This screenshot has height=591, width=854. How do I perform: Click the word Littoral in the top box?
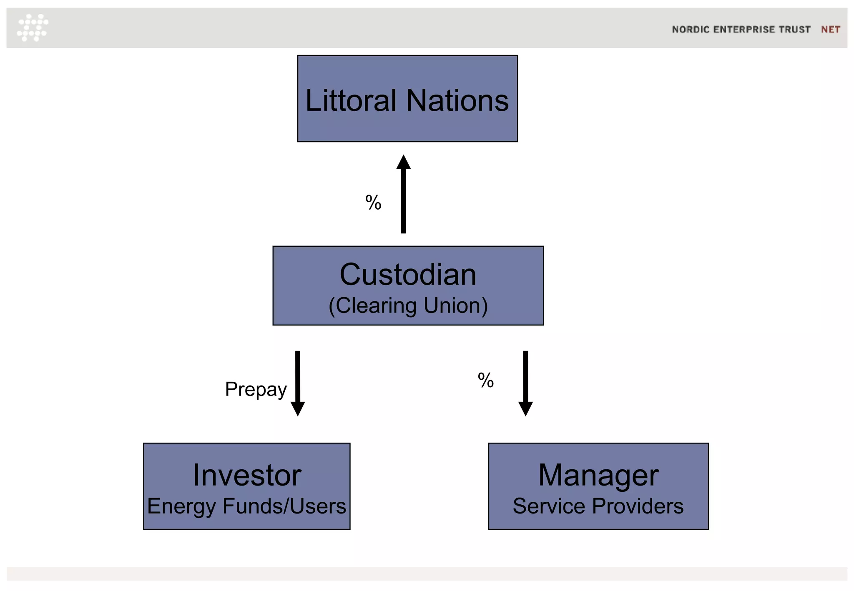tap(351, 101)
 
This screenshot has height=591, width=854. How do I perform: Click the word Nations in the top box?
tap(457, 101)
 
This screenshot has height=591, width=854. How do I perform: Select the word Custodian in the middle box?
tap(408, 275)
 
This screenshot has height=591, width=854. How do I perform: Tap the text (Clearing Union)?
tap(408, 306)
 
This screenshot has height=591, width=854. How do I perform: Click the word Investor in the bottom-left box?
tap(247, 475)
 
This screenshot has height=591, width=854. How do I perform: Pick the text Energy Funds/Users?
tap(246, 506)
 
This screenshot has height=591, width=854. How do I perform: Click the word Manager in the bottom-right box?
tap(598, 475)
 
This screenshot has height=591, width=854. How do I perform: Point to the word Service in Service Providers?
tap(549, 506)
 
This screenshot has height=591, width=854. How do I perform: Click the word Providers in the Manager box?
tap(638, 506)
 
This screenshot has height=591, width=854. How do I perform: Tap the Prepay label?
tap(256, 390)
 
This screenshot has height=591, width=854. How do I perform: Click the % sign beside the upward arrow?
tap(373, 203)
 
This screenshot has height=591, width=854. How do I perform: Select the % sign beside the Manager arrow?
tap(486, 381)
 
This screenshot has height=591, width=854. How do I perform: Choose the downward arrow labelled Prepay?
tap(298, 383)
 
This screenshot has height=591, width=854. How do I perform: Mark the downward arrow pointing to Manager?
tap(525, 383)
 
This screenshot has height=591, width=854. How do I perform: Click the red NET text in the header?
tap(830, 30)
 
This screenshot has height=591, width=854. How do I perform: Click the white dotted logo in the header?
tap(33, 28)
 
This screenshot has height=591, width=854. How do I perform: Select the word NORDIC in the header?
tap(691, 30)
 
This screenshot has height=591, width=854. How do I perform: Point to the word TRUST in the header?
tap(794, 30)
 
